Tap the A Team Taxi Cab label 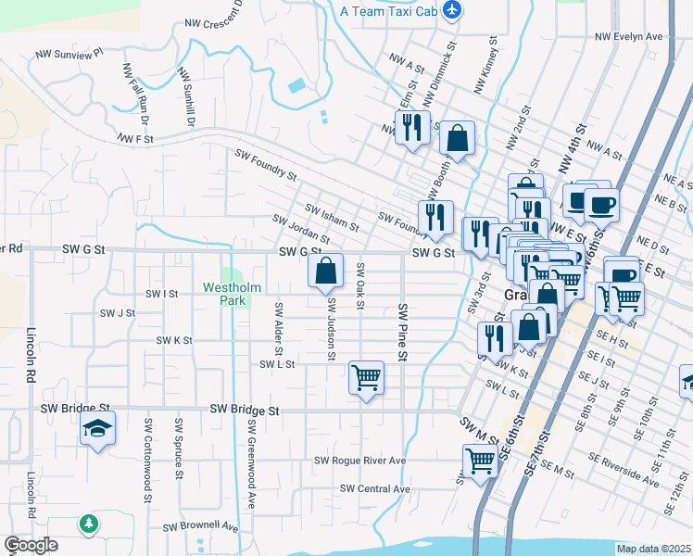(387, 11)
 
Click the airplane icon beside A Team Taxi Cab (452, 10)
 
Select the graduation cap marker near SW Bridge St (97, 430)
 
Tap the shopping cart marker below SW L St (367, 377)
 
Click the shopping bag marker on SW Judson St (326, 272)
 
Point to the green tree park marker (88, 524)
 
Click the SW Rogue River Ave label (360, 461)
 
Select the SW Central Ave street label (374, 488)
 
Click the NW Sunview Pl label (71, 55)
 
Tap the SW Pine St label (402, 331)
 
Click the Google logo (31, 545)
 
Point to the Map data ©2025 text (652, 549)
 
